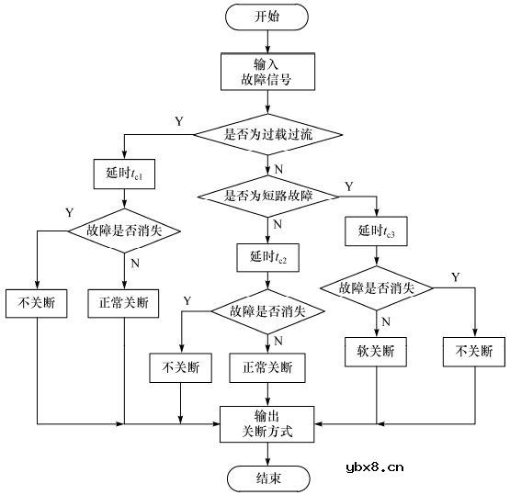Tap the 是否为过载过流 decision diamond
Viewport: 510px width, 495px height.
pos(269,135)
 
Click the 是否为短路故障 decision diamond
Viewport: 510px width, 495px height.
pos(268,195)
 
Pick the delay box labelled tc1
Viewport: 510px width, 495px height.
pos(123,173)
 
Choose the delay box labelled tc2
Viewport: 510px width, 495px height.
pos(267,254)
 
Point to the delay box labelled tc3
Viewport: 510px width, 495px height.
pos(375,231)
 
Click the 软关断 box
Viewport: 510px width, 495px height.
pos(375,351)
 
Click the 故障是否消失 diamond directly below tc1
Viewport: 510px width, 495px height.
pos(124,231)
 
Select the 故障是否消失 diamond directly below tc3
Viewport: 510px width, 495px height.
pos(376,287)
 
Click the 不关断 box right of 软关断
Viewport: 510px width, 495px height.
pos(474,351)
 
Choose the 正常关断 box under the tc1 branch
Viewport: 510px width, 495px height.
pos(123,302)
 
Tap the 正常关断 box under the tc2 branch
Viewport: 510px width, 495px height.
pos(267,368)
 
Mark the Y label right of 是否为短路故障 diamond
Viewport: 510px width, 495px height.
pos(347,187)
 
